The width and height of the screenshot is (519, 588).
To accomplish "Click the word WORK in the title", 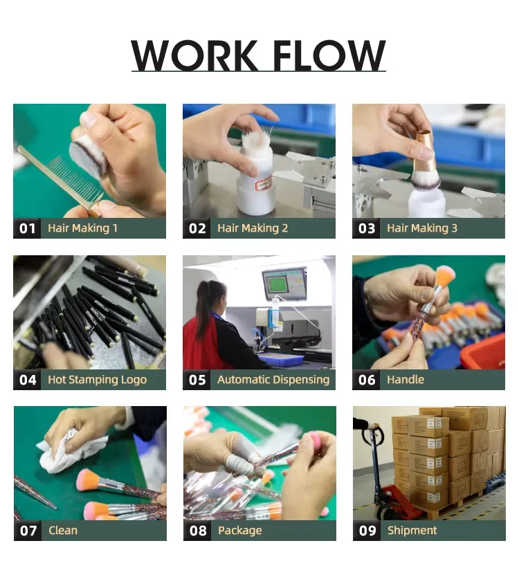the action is [x=194, y=55].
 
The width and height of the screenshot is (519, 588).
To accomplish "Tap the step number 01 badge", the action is [x=27, y=228].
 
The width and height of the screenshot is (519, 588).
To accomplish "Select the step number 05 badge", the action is [x=197, y=380].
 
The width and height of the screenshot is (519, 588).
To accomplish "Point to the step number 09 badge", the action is [x=367, y=531].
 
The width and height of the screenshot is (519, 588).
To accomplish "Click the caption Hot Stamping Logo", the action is [x=97, y=380].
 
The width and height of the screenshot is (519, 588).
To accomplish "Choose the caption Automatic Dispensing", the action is [x=273, y=380].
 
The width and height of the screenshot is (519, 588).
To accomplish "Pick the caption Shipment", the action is [x=412, y=531].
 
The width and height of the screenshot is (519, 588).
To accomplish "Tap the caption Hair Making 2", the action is [x=253, y=228].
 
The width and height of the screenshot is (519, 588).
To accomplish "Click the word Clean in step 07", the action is [x=62, y=531].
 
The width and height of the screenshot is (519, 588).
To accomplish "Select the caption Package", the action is [x=239, y=531].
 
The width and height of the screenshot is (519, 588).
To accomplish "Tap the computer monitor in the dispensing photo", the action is [x=284, y=284].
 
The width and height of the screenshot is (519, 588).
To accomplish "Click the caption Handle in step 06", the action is [x=406, y=380].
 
